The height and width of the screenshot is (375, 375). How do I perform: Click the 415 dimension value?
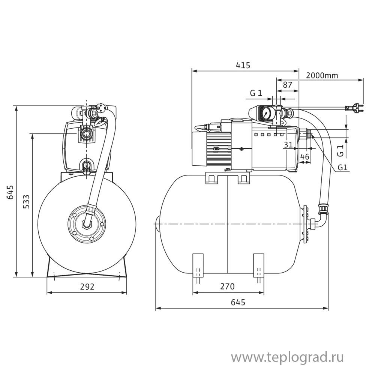(x=243, y=65)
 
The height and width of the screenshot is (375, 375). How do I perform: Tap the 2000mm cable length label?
(x=322, y=75)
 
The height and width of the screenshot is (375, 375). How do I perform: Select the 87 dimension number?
(x=288, y=85)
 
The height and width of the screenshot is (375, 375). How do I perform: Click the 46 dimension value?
(x=305, y=157)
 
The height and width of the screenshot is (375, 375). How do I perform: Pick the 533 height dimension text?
(x=26, y=205)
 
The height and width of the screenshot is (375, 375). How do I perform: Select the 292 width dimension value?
(x=87, y=286)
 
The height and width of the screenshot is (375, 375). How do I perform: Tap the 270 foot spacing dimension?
(x=227, y=286)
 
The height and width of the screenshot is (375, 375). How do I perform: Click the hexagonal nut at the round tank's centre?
(x=88, y=224)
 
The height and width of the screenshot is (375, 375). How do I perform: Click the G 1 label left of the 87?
(x=256, y=93)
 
